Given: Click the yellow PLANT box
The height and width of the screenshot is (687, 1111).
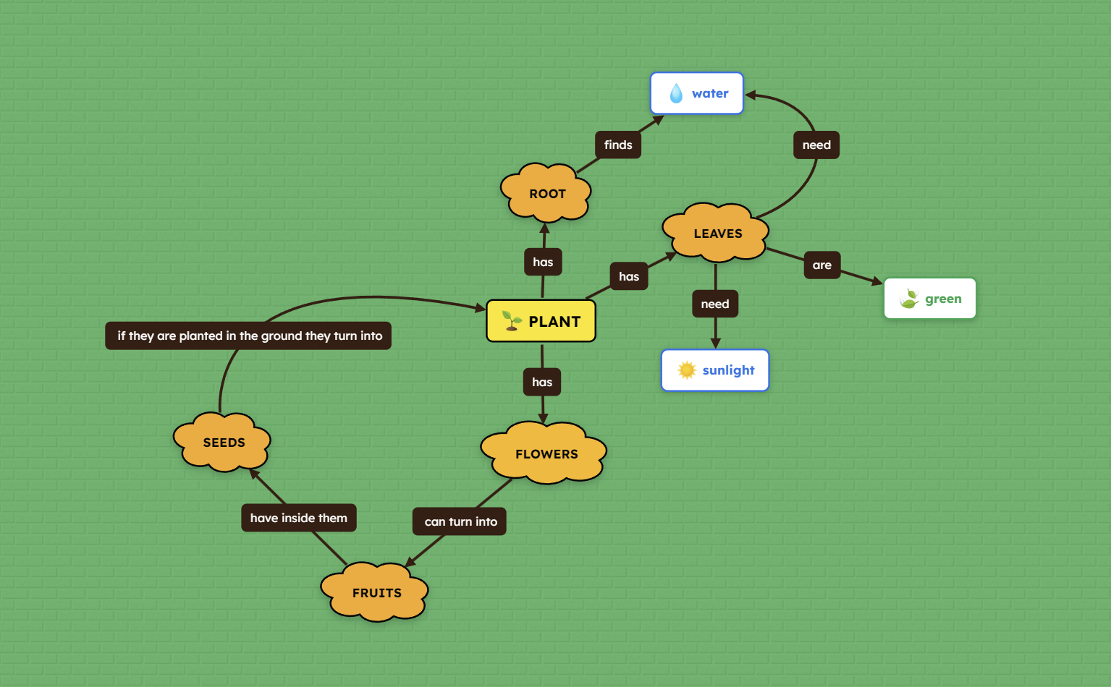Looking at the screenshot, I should tap(541, 321).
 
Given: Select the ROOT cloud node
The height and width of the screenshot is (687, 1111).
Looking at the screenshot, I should tap(546, 193).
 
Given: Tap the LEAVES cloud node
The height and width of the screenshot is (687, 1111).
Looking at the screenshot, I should tap(717, 233).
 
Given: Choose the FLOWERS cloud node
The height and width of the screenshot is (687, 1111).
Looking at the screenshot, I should tap(545, 453).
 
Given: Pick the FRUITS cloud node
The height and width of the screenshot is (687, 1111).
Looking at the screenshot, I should tap(376, 592).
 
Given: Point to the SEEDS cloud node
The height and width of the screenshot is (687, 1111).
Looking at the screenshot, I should tap(223, 442).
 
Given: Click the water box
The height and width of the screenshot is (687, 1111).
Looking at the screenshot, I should tap(696, 93).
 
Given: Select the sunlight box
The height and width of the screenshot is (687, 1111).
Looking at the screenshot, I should tap(715, 370).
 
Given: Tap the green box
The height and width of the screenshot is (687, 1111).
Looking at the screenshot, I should tap(930, 299).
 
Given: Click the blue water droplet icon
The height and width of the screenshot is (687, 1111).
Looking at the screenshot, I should tap(676, 93).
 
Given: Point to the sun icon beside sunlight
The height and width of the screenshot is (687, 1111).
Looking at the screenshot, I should tap(687, 370).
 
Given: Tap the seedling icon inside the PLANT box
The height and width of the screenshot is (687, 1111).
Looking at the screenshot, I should tap(512, 321).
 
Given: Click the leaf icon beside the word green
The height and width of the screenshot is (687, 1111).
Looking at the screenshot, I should tap(909, 299).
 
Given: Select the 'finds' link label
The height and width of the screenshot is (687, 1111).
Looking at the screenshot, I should tap(618, 145).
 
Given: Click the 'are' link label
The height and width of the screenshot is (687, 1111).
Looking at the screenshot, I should tap(821, 265).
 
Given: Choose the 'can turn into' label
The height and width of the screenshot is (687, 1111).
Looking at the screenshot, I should tap(460, 521).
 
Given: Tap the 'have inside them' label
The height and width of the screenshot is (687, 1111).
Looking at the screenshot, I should tap(298, 518).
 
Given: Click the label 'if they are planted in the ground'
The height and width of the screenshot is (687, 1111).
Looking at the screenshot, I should tap(248, 336).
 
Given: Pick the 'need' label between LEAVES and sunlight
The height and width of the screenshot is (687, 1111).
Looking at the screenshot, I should tap(715, 304).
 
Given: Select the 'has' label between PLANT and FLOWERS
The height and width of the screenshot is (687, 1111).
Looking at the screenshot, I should tap(542, 382).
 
